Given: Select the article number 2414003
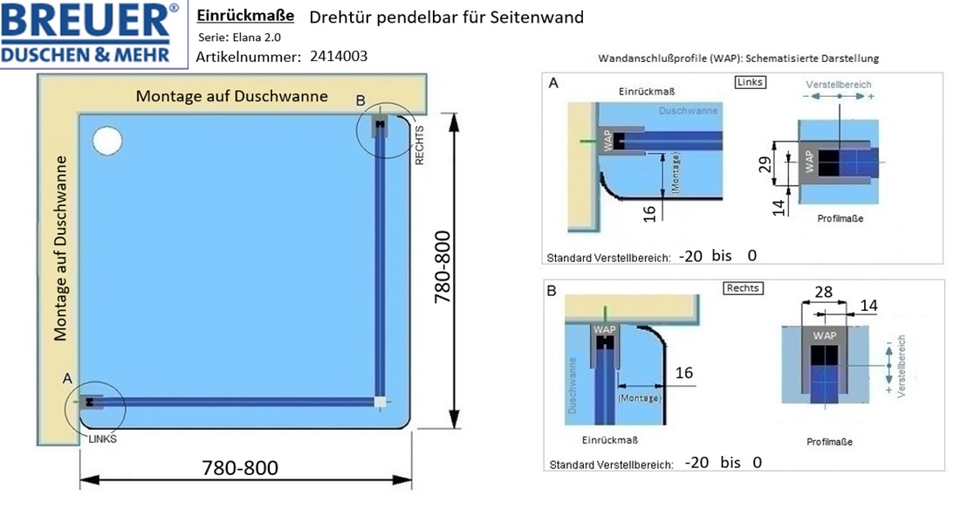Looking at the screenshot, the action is [339, 57].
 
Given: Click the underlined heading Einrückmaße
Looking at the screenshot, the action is [245, 16].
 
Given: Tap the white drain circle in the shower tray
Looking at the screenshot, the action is [107, 141].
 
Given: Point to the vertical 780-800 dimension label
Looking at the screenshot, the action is [442, 266].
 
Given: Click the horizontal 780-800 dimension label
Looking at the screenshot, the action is [240, 467].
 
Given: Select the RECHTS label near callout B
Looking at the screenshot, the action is [419, 145].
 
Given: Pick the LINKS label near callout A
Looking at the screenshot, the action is [102, 438].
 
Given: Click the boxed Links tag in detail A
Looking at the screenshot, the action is [749, 82].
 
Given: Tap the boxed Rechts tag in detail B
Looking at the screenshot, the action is [743, 288].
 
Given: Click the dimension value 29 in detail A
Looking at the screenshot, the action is [765, 164].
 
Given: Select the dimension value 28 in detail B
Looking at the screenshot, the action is [823, 292].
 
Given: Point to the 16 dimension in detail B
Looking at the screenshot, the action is [684, 373].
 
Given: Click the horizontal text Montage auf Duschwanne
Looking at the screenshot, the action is [231, 96].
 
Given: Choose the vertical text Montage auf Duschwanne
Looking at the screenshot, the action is [60, 249].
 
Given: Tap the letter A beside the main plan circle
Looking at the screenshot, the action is [67, 378].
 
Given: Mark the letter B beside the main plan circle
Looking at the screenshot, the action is [360, 100].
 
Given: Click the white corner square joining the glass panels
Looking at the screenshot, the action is [381, 402].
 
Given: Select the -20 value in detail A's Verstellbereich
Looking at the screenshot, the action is [690, 256].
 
